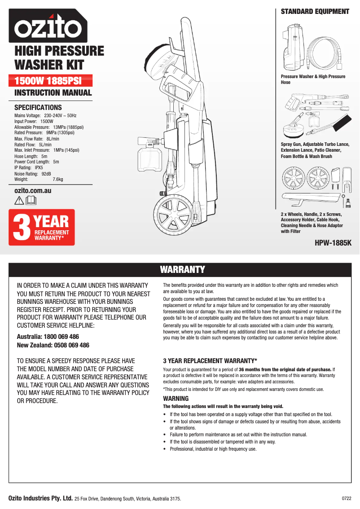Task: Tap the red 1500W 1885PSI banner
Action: pyautogui.click(x=53, y=81)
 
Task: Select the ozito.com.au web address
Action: pyautogui.click(x=33, y=191)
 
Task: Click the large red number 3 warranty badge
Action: pyautogui.click(x=21, y=228)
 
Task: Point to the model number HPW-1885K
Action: pyautogui.click(x=333, y=243)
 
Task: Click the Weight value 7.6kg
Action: pyautogui.click(x=58, y=179)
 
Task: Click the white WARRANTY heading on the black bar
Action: pyautogui.click(x=182, y=269)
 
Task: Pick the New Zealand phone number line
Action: pyautogui.click(x=53, y=345)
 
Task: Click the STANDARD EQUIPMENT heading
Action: pyautogui.click(x=315, y=12)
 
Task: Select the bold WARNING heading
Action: pyautogui.click(x=176, y=399)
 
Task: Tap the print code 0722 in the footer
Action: pyautogui.click(x=347, y=498)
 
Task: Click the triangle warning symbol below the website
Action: pyautogui.click(x=19, y=201)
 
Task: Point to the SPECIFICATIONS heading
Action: pyautogui.click(x=38, y=108)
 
